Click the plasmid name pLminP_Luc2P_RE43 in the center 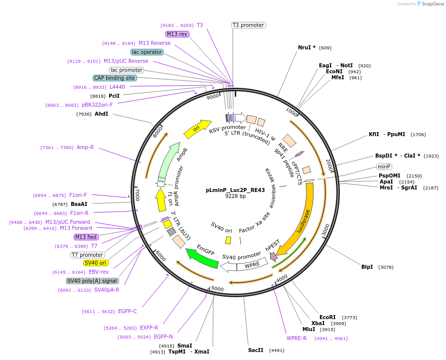(235, 190)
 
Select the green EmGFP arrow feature (201, 257)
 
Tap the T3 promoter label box (248, 25)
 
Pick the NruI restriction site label (306, 48)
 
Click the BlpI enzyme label (367, 267)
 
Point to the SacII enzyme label (256, 350)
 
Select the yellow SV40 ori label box (96, 263)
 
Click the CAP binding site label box (114, 78)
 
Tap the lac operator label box (147, 52)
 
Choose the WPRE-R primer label (297, 338)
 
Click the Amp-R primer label (85, 147)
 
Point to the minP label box (384, 167)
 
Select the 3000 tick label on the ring (325, 230)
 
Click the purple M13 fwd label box (86, 237)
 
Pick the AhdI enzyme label (101, 114)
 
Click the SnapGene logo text (430, 3)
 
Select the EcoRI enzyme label (327, 317)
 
